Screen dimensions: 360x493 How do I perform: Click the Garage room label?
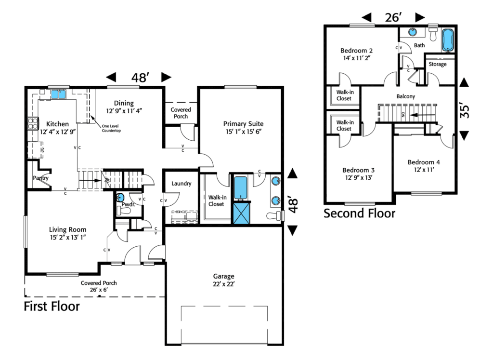tap(224, 277)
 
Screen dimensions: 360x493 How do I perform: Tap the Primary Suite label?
tap(244, 124)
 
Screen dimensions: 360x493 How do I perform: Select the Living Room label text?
tap(67, 229)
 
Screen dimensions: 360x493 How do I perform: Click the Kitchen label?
tap(54, 124)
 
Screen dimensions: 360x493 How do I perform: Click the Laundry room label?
tap(182, 184)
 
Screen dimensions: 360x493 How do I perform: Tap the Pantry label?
tap(41, 178)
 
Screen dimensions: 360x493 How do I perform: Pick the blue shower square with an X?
tap(240, 213)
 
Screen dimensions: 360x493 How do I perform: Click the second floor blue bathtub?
tap(448, 40)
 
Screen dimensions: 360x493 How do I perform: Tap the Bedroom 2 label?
tap(357, 51)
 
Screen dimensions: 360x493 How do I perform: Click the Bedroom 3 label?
tap(358, 170)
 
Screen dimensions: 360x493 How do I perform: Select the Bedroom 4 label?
tap(424, 162)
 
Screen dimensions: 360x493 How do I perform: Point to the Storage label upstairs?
tap(437, 65)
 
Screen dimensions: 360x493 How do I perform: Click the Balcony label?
tap(405, 97)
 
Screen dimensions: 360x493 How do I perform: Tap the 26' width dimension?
tap(393, 18)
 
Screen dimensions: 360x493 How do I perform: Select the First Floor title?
tap(52, 307)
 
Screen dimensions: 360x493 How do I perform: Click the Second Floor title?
tap(359, 213)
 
